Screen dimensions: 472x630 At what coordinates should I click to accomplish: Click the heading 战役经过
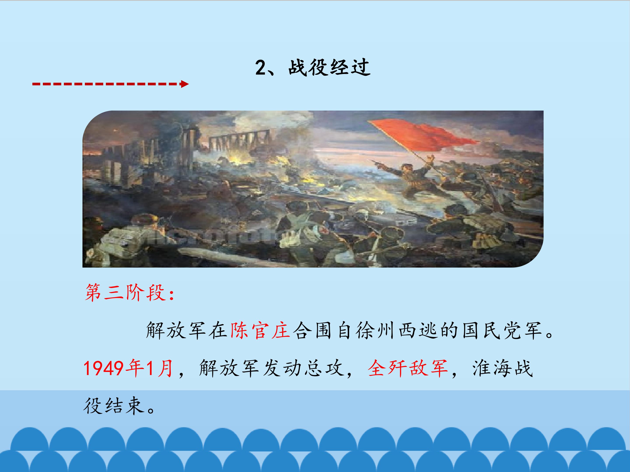329,68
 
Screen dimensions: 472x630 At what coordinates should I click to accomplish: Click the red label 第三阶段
125,292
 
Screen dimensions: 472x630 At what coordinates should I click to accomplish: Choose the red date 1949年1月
128,368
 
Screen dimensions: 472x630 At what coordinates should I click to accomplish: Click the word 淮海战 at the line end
502,368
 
